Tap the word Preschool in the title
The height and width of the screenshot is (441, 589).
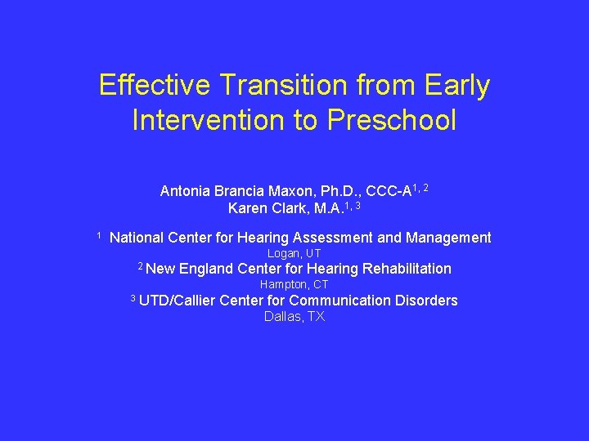(392, 120)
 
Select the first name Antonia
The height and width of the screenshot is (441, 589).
(186, 191)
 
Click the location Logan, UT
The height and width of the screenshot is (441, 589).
(294, 253)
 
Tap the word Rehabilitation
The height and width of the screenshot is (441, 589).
(407, 269)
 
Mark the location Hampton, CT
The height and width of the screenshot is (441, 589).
(294, 284)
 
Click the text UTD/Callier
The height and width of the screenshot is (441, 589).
(178, 301)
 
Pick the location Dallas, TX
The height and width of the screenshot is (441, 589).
(294, 316)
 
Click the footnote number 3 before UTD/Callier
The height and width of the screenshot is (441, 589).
(133, 298)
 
